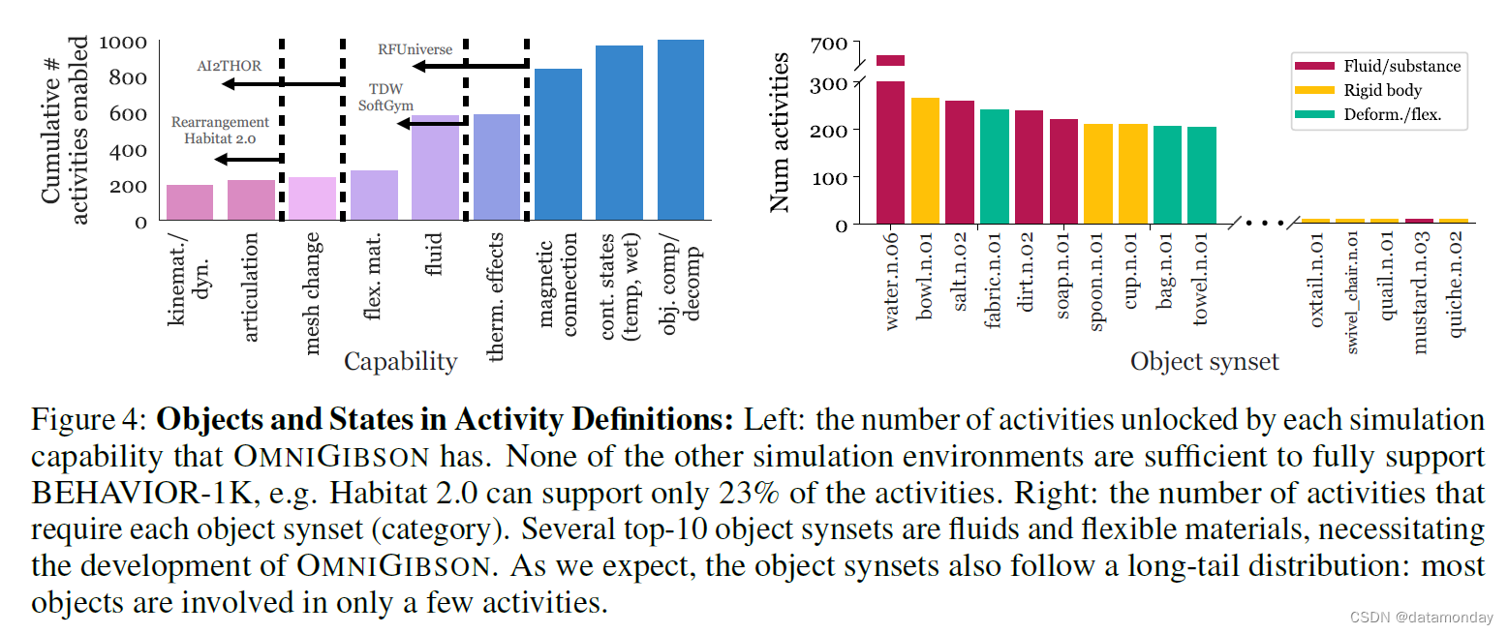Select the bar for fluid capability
click(435, 167)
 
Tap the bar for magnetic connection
click(558, 144)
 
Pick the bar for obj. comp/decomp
click(680, 130)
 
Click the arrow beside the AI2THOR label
click(282, 84)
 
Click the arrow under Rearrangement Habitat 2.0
click(248, 159)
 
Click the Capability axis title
click(400, 362)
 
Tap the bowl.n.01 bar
click(925, 161)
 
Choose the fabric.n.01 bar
click(995, 166)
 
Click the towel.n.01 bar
click(1202, 175)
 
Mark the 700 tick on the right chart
click(831, 44)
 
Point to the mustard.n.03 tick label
click(1420, 290)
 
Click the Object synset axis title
click(1204, 363)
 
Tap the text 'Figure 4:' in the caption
click(88, 422)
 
